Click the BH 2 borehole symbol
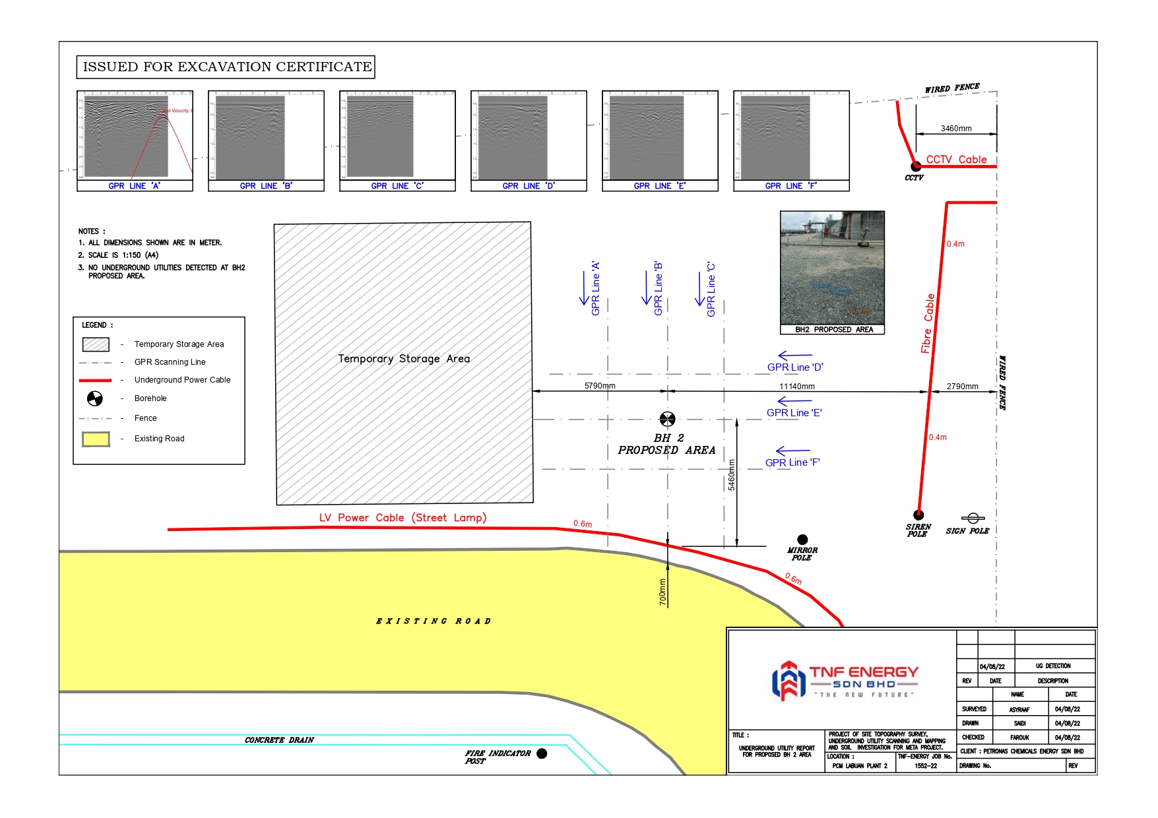point(667,419)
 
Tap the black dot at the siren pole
point(918,515)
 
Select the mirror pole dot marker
point(802,540)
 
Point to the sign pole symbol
point(973,519)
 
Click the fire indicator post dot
point(542,753)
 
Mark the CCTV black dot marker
point(916,166)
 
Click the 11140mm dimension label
point(796,387)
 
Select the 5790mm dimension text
point(600,386)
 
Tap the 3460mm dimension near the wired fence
point(956,129)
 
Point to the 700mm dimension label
point(662,592)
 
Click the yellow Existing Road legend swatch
point(96,439)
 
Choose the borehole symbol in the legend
point(95,398)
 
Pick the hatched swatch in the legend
point(96,344)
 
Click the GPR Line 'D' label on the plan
point(795,367)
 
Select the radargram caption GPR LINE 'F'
point(790,186)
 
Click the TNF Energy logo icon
point(788,680)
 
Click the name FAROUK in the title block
point(1019,738)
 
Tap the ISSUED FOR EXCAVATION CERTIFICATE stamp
point(226,67)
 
